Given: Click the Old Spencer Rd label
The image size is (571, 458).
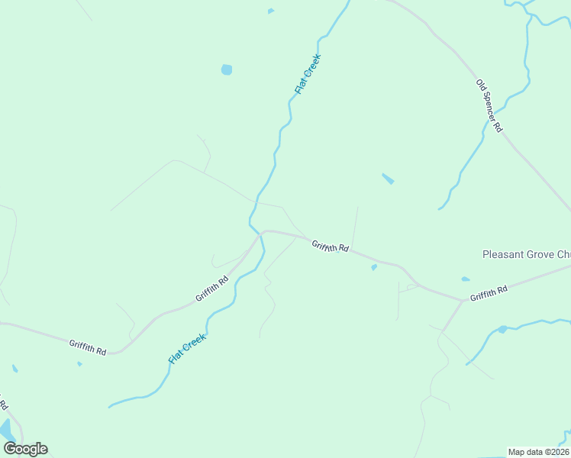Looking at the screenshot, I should coord(489,106).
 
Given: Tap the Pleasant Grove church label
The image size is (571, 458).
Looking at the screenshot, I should coord(526,254).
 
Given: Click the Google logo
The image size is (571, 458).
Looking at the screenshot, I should coord(25,449).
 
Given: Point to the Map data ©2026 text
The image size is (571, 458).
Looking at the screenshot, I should coord(537,452).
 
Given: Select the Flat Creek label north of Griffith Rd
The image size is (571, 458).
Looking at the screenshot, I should coord(308,74).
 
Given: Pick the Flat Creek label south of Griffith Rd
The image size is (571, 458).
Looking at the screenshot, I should coord(189,346).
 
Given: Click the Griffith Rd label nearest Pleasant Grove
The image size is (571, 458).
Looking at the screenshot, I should coord(489,293).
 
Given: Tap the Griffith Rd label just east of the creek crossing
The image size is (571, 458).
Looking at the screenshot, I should coord(330,247).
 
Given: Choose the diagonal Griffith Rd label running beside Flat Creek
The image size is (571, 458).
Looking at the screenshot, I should coord(211,288).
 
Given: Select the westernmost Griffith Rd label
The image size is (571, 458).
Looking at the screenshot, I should coord(87,347).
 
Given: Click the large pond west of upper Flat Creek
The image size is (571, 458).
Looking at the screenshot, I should coord(226,69).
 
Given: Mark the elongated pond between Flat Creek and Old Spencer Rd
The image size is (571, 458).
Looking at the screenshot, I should coord(388,179).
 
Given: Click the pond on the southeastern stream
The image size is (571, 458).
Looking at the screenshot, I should coord(502,329).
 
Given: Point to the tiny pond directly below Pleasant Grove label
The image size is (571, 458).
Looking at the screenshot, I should coord(465,279).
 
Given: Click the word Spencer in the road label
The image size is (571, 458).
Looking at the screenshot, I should coord(489,106).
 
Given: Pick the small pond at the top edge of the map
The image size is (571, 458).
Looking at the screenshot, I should coord(270,11).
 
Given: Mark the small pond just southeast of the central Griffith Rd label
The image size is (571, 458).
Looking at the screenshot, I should coord(373,267).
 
